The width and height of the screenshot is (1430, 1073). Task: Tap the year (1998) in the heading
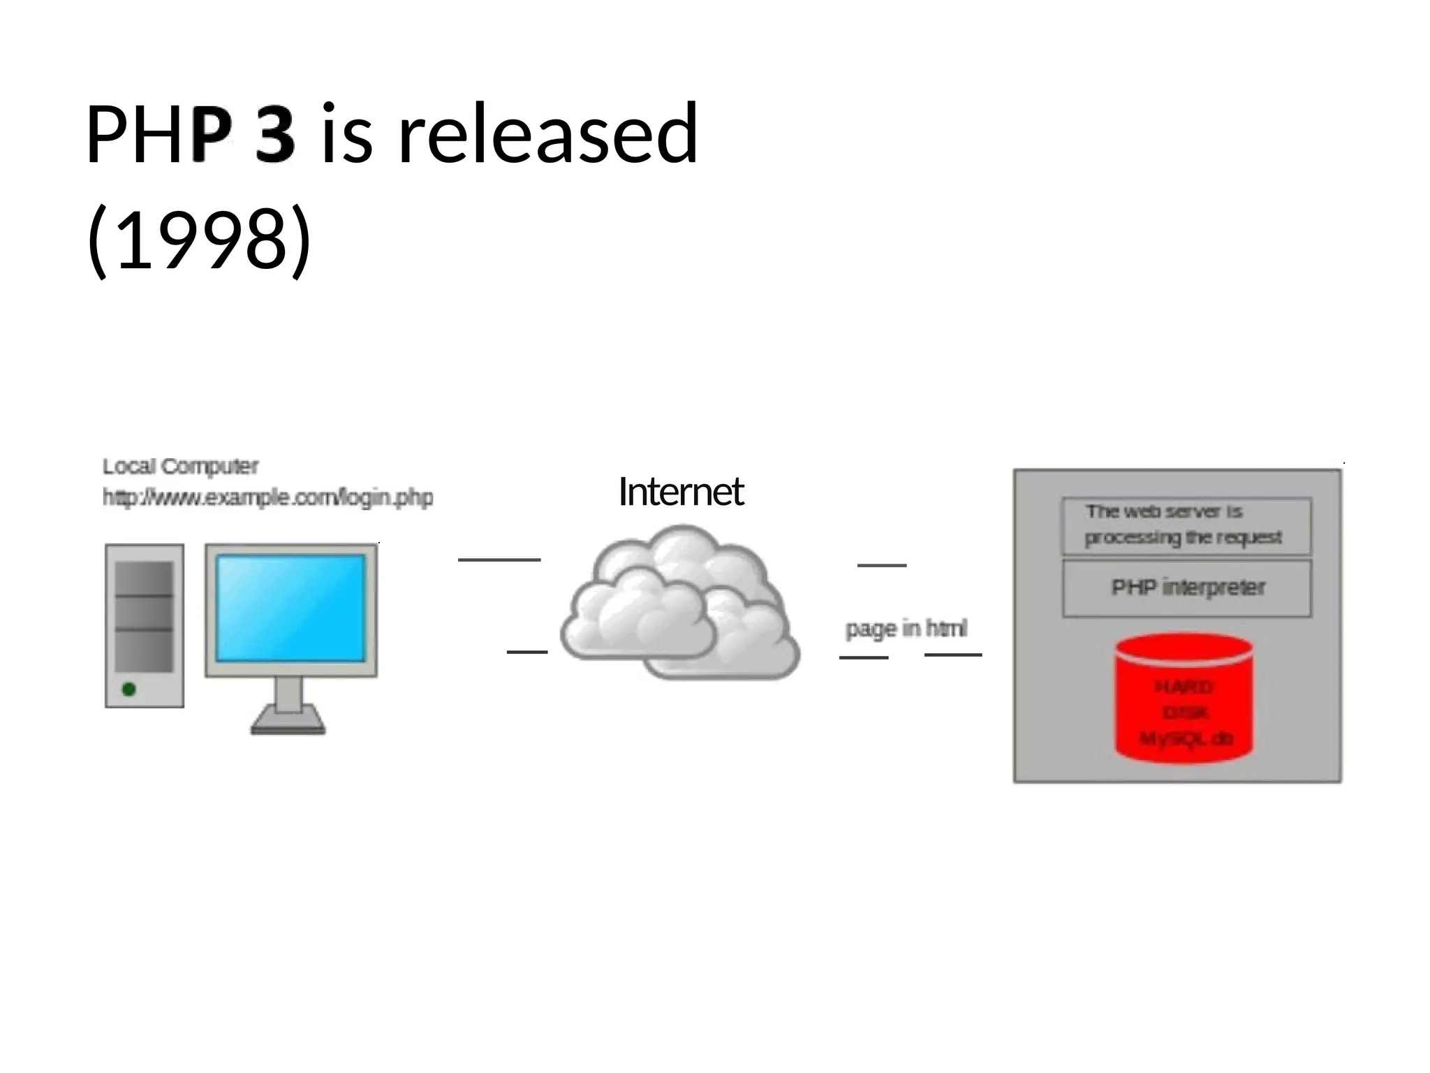point(199,239)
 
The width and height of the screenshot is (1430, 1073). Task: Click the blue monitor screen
point(290,608)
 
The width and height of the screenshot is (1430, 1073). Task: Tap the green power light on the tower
point(129,689)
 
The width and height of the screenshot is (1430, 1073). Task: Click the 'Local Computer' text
point(180,466)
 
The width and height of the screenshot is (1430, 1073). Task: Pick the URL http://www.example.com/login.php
point(267,497)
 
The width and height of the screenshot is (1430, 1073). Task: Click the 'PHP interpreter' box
point(1187,588)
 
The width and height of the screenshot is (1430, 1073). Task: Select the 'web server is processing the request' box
point(1186,525)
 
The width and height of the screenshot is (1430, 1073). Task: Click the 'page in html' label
point(906,629)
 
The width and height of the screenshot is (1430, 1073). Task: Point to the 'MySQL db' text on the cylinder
point(1186,738)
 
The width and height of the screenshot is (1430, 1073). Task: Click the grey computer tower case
point(145,625)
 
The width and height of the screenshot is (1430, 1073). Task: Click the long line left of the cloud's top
point(499,560)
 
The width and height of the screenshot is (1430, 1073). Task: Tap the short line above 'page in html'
point(882,565)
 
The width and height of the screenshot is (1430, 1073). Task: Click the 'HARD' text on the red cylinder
point(1184,687)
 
